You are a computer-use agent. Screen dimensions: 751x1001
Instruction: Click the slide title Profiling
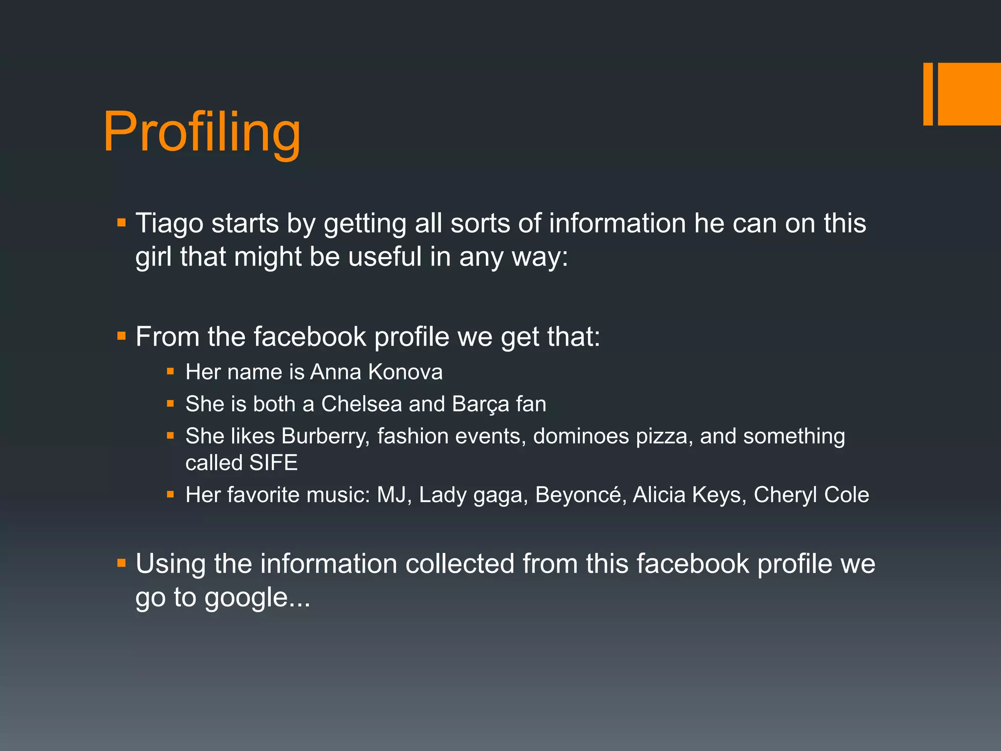(x=201, y=132)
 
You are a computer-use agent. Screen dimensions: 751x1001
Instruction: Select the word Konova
(x=405, y=372)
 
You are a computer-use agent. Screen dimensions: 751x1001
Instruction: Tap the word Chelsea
(x=361, y=404)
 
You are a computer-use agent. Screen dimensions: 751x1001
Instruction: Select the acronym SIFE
(x=273, y=463)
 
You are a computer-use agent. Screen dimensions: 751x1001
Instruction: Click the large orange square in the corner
(x=969, y=94)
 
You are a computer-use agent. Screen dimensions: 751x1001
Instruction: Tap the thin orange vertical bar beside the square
(x=928, y=94)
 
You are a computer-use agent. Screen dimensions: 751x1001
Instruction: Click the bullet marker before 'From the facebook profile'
(x=122, y=336)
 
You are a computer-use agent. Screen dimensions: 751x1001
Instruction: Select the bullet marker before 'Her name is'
(x=170, y=372)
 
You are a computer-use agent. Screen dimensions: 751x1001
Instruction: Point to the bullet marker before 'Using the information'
(x=122, y=563)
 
